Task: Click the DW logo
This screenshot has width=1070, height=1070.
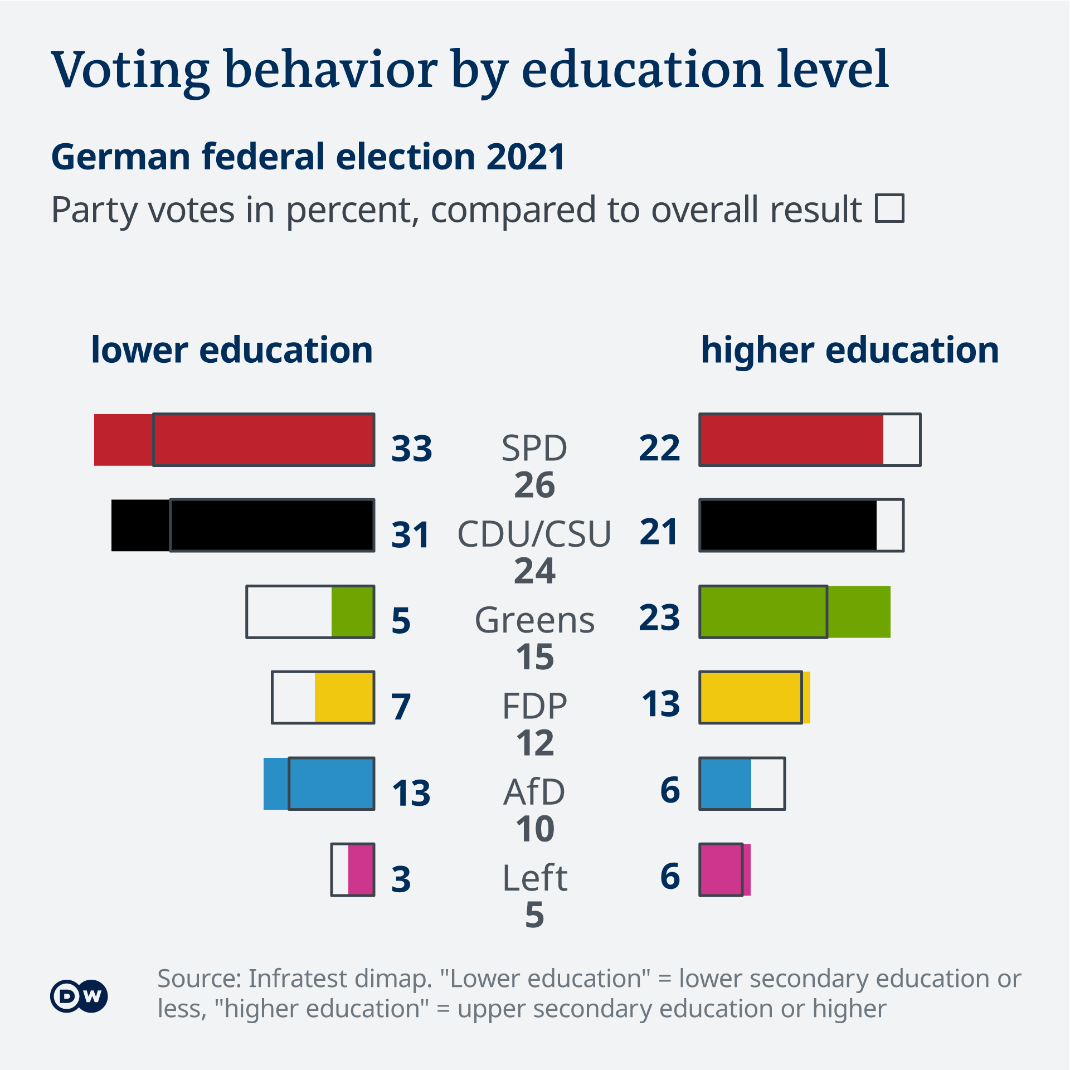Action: (79, 996)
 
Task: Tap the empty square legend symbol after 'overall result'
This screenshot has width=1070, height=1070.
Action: (889, 208)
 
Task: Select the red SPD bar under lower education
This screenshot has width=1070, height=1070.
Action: (234, 440)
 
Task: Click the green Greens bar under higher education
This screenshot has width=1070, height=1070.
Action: (795, 612)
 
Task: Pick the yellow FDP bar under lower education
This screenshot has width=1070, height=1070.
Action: (344, 698)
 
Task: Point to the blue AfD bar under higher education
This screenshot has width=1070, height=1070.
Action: (726, 784)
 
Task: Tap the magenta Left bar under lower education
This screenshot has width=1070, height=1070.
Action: (361, 870)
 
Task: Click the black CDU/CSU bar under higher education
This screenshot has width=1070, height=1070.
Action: (788, 526)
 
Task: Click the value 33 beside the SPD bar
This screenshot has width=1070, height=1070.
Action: (411, 448)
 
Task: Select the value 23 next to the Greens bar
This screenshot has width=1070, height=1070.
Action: (659, 617)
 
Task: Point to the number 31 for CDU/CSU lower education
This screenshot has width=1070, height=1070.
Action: (410, 534)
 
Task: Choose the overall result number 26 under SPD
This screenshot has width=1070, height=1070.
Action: (534, 485)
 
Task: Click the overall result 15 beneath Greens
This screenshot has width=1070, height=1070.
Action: (534, 657)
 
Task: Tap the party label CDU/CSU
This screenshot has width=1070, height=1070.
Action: (534, 533)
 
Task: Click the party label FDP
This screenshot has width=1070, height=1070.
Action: (534, 706)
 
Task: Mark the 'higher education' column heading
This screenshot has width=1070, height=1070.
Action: (849, 351)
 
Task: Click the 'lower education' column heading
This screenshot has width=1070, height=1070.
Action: (232, 351)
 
